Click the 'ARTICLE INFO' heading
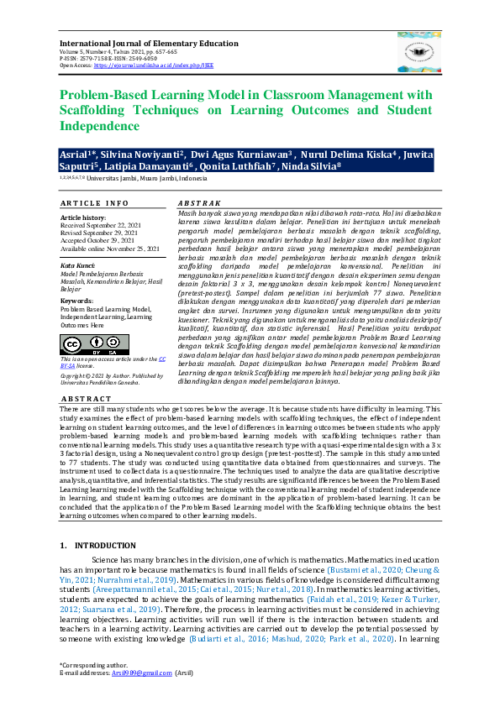point(94,203)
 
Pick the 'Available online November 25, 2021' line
point(109,249)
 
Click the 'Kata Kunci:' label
point(79,265)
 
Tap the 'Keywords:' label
point(77,300)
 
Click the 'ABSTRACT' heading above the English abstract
point(86,399)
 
